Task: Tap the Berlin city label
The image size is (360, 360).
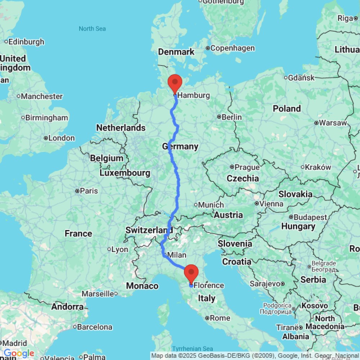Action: click(232, 117)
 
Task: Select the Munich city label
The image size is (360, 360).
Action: click(211, 205)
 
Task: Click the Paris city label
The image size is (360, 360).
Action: click(89, 190)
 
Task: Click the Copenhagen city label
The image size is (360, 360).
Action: click(233, 48)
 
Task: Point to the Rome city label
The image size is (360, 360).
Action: click(220, 318)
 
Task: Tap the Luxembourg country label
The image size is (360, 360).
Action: click(125, 173)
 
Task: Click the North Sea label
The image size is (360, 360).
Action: click(92, 28)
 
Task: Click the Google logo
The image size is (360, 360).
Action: click(19, 354)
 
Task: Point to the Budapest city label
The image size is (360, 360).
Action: click(310, 217)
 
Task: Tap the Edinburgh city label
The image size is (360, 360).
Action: click(26, 42)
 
